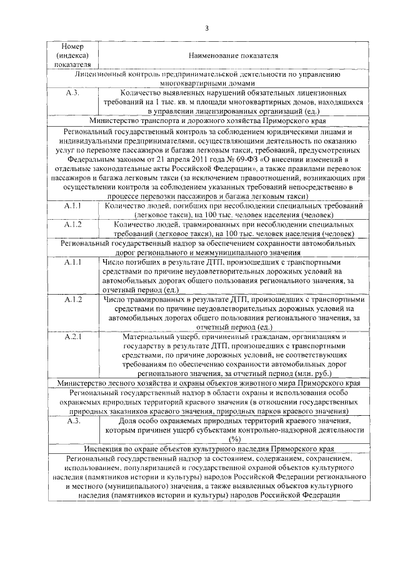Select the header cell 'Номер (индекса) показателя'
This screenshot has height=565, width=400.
[x=72, y=56]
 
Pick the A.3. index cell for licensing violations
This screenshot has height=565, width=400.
[x=72, y=91]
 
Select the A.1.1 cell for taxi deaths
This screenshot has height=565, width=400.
[x=72, y=206]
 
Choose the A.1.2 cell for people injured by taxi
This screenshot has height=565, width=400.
[x=72, y=224]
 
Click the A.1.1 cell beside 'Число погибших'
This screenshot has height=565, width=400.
[x=72, y=263]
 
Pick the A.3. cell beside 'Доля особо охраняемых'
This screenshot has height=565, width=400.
[x=72, y=422]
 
